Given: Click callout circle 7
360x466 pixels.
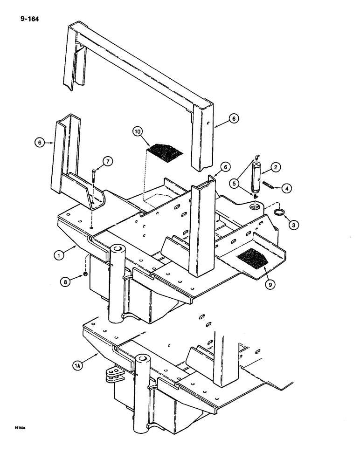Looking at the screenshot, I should pyautogui.click(x=108, y=161).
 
